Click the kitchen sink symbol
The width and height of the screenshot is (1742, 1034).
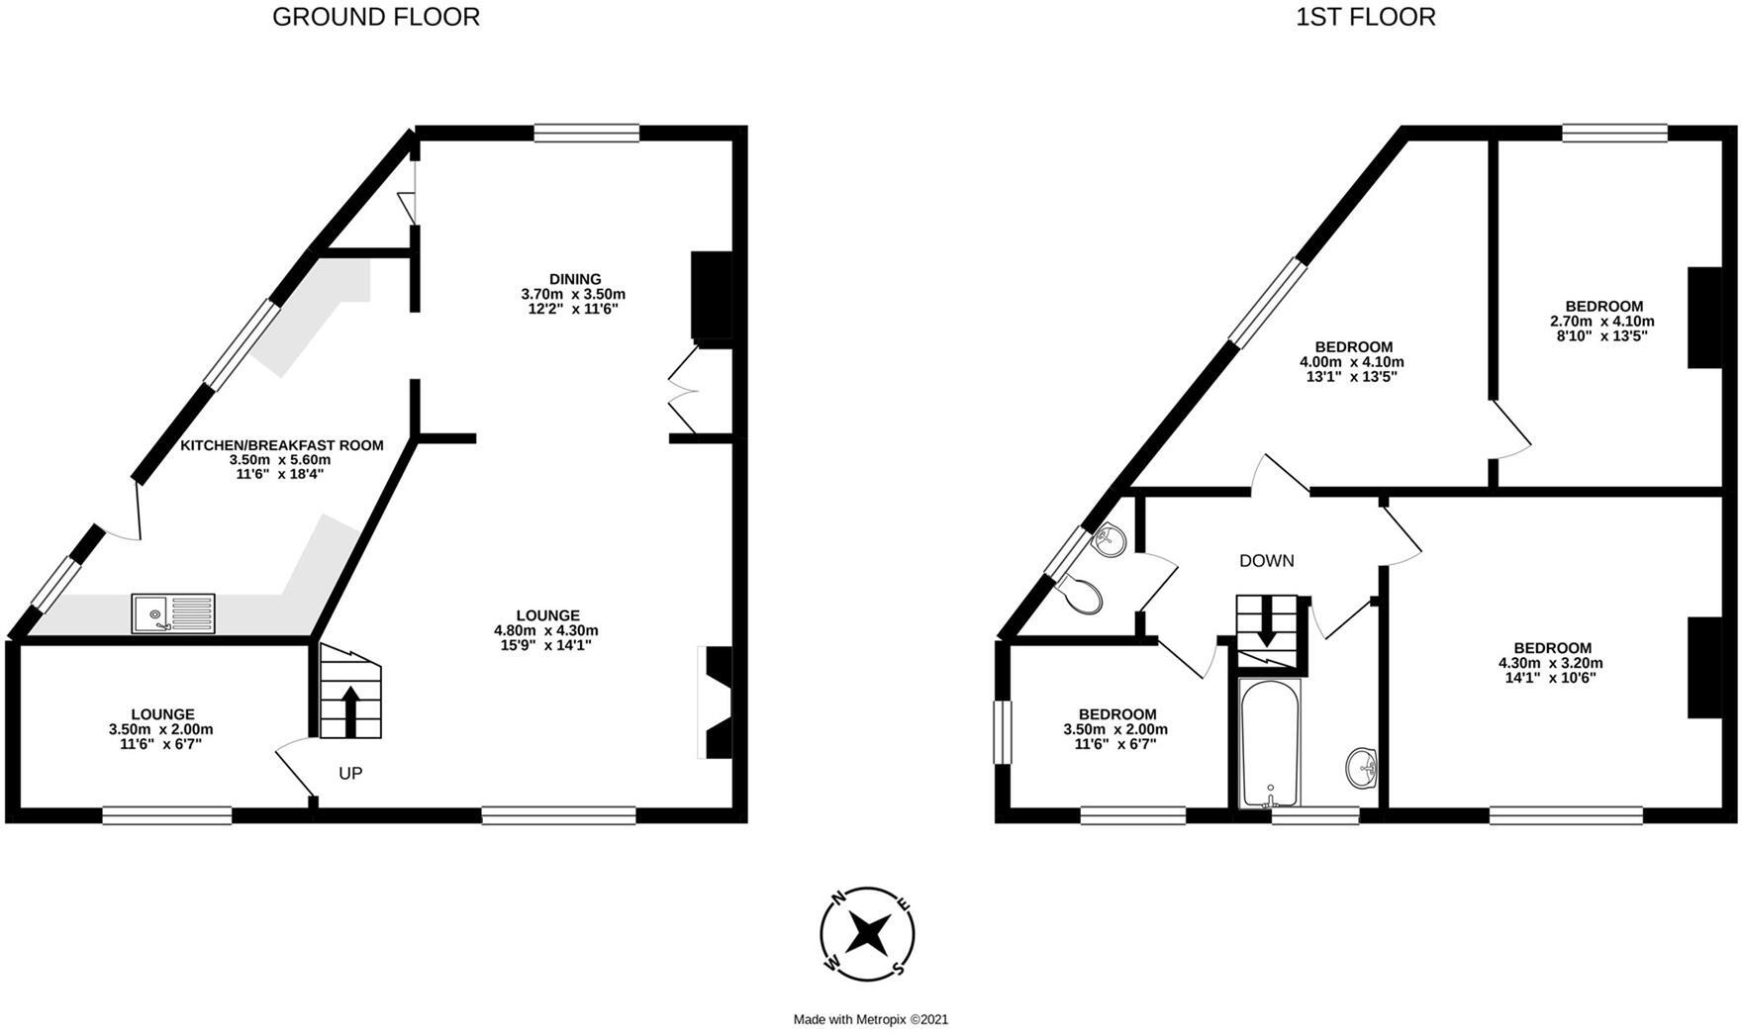tap(172, 612)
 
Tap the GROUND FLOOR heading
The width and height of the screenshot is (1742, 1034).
tap(375, 17)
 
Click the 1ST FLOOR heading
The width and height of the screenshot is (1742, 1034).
tap(1365, 17)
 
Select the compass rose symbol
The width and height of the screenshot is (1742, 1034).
tap(867, 934)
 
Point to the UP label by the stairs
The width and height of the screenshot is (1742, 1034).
tap(350, 774)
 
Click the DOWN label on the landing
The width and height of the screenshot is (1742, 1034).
tap(1266, 561)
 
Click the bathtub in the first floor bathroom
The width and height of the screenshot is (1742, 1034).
tap(1271, 742)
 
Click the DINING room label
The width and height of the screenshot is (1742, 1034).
tap(575, 279)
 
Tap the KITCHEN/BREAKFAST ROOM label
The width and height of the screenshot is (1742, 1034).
tap(281, 445)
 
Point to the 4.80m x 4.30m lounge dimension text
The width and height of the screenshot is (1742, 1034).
tap(545, 630)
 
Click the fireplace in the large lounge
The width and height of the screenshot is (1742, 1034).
tap(717, 702)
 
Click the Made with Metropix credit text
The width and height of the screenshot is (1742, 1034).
tap(870, 1019)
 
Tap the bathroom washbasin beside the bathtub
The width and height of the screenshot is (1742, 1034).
tap(1363, 768)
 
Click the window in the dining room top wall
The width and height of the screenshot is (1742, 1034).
tap(586, 133)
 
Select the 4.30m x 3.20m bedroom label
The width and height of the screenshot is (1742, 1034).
tap(1551, 663)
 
